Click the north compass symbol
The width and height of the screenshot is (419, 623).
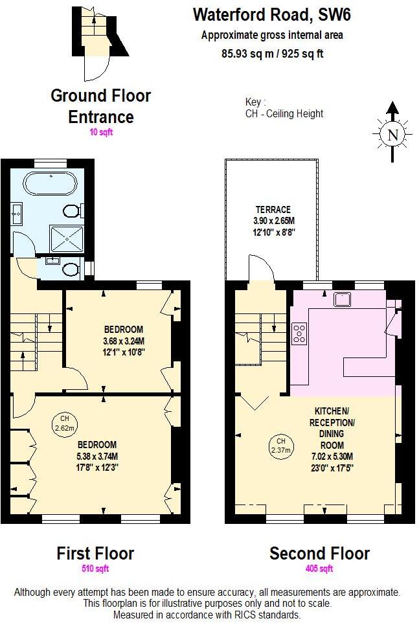pos(391,134)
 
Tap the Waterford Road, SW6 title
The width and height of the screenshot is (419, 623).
pos(272,14)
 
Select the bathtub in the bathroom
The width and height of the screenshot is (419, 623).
pos(49,183)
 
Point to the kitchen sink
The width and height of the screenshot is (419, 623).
pos(341,299)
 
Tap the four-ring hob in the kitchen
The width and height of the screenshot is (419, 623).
pos(300,333)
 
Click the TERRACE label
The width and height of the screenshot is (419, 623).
pos(272,209)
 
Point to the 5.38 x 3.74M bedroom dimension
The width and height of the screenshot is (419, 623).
pos(98,456)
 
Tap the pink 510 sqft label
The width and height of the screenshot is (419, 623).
pos(95,569)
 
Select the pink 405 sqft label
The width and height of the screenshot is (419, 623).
pos(319,569)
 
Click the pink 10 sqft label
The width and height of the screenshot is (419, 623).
pos(100,131)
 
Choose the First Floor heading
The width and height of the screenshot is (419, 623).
pos(95,554)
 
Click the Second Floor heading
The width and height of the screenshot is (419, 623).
pos(319,554)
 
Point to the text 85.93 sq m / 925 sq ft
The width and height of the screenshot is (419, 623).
pos(272,53)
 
